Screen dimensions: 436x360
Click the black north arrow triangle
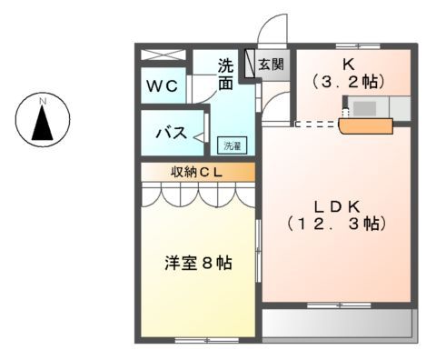point(42,123)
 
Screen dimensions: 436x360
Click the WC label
point(163,86)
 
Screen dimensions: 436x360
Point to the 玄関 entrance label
point(270,65)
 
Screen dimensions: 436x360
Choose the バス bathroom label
point(170,133)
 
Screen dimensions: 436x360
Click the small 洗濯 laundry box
point(233,145)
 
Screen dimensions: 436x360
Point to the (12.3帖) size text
point(335,224)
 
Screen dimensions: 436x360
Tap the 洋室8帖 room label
point(198,264)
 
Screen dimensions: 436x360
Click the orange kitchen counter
point(363,126)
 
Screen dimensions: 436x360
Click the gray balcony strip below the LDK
point(336,324)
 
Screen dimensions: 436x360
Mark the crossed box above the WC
point(164,55)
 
